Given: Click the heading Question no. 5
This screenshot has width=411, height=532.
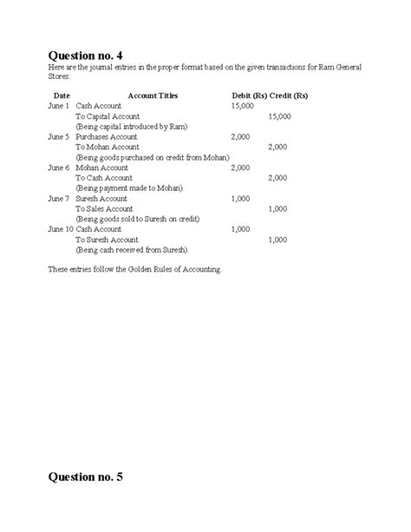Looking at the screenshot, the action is pos(92,476).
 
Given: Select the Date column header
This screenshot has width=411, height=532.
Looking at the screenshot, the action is pos(62,95).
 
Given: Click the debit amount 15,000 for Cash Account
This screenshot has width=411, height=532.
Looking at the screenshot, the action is pos(243,105).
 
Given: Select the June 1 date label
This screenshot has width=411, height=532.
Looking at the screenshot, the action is pos(59,105).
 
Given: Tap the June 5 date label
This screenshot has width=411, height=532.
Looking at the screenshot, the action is pos(59,136).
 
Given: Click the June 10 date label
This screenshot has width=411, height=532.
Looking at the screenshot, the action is pos(61,229).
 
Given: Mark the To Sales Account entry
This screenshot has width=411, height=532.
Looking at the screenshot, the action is pos(104,208).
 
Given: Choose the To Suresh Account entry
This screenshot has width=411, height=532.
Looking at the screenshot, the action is pos(107,240).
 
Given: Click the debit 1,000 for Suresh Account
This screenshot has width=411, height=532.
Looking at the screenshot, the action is pos(241,198).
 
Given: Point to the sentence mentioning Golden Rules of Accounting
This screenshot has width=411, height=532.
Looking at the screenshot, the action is pos(135,270).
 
